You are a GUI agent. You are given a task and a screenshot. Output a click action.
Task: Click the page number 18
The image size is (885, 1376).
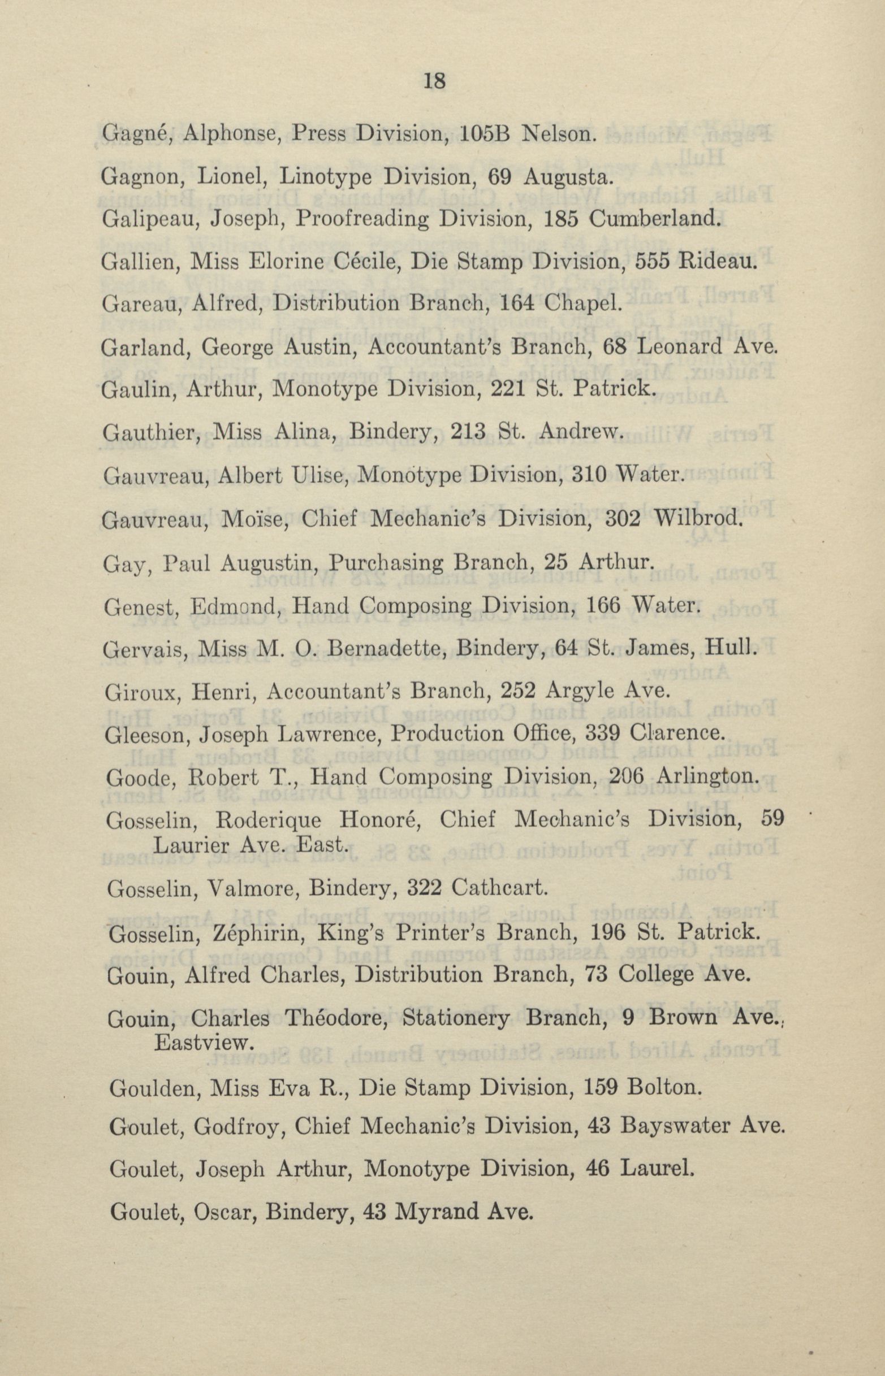(x=435, y=81)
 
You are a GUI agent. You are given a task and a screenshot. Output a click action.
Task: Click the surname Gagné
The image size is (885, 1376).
(x=135, y=134)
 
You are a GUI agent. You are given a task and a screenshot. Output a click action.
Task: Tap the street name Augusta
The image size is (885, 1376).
(x=565, y=177)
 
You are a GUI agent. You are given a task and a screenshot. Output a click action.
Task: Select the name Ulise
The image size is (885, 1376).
(x=322, y=475)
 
